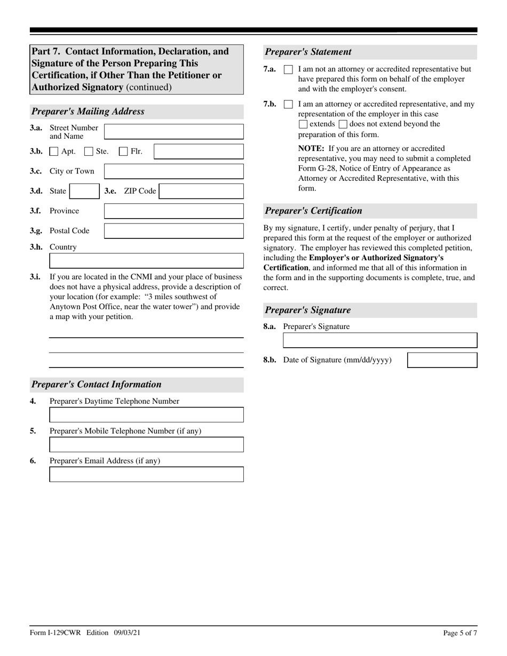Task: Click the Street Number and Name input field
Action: (x=173, y=132)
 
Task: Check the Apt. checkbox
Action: (x=54, y=151)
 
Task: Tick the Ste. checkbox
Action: (x=89, y=151)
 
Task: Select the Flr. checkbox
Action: (x=123, y=151)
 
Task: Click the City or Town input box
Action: (x=173, y=171)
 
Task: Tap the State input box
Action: (x=84, y=191)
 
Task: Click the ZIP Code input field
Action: (x=201, y=191)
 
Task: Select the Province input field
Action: (x=173, y=211)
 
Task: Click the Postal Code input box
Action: (x=173, y=231)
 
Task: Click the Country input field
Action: (x=146, y=261)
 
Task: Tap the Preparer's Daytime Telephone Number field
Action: (x=146, y=415)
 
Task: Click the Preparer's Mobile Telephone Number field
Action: (x=146, y=445)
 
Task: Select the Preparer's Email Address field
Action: (x=146, y=474)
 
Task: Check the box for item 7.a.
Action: (x=288, y=70)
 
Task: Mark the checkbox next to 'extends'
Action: (x=303, y=124)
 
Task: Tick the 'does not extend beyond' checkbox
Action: (x=343, y=124)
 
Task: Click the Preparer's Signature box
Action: (x=379, y=340)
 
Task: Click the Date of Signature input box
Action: (x=442, y=360)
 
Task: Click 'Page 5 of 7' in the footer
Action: (x=460, y=633)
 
